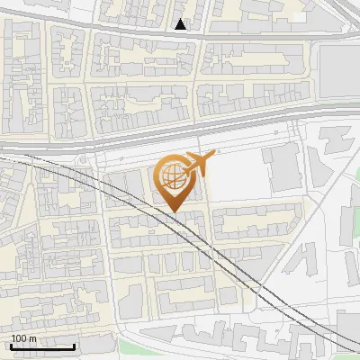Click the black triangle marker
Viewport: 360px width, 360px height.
pyautogui.click(x=181, y=24)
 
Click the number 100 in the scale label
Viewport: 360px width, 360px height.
pyautogui.click(x=19, y=338)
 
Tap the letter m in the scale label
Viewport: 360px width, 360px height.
pyautogui.click(x=32, y=338)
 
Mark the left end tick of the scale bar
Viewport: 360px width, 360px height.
pyautogui.click(x=10, y=346)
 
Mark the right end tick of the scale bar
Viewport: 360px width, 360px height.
pyautogui.click(x=75, y=346)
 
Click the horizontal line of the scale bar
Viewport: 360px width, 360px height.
pyautogui.click(x=42, y=347)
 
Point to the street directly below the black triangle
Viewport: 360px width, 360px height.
pyautogui.click(x=181, y=36)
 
